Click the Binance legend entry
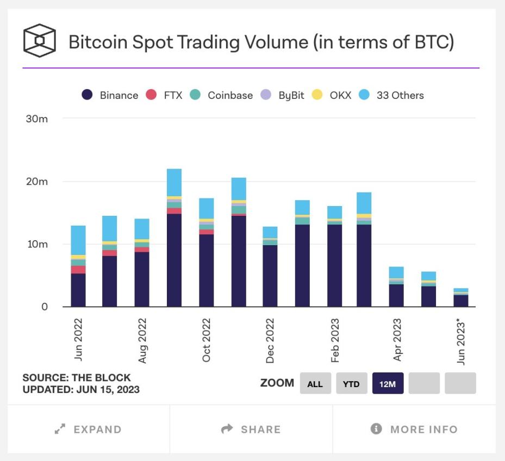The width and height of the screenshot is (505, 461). click(x=110, y=95)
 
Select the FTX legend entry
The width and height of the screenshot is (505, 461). click(x=166, y=95)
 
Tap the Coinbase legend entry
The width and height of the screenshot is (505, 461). click(x=223, y=95)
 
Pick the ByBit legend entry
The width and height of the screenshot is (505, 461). click(x=283, y=95)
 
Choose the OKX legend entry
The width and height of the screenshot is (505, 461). click(x=333, y=95)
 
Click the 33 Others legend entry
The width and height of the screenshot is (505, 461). click(x=392, y=95)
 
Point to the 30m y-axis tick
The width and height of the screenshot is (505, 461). click(x=37, y=119)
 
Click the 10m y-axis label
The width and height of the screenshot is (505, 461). click(x=37, y=244)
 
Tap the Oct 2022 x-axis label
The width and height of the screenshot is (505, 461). click(x=207, y=341)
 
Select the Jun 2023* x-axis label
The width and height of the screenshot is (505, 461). click(x=461, y=341)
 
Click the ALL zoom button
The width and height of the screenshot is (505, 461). click(x=315, y=384)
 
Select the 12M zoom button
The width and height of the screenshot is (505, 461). click(x=388, y=384)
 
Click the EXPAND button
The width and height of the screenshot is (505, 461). click(x=88, y=429)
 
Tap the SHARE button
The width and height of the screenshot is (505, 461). click(x=251, y=429)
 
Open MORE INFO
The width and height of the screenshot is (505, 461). click(x=414, y=429)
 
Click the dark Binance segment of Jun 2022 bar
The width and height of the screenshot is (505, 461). click(x=78, y=290)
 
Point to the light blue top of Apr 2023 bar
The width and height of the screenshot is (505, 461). click(x=396, y=272)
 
